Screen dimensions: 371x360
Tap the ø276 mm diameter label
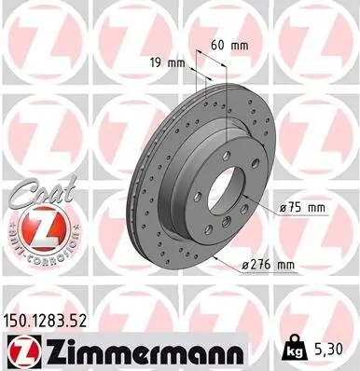269,266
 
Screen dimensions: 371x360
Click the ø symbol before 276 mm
244,266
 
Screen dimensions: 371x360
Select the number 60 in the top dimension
216,44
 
